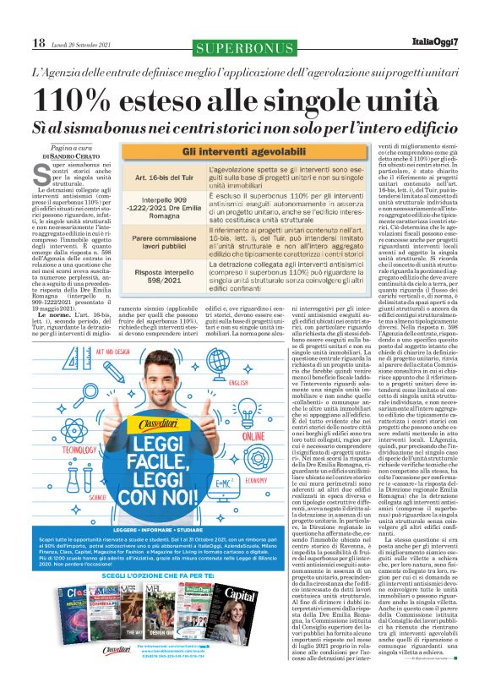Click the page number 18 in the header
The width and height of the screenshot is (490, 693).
(x=38, y=41)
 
